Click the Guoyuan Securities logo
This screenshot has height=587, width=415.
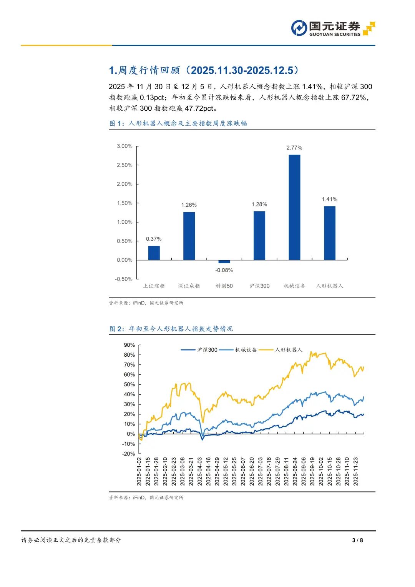[333, 28]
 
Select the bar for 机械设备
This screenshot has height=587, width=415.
[294, 207]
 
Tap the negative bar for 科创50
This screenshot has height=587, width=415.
[224, 261]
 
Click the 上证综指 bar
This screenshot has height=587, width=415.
[154, 253]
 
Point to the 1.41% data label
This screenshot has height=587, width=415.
[329, 199]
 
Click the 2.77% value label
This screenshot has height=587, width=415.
[294, 148]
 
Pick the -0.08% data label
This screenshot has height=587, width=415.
[224, 270]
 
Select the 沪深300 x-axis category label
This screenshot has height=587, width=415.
[259, 286]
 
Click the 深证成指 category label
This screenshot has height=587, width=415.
[189, 286]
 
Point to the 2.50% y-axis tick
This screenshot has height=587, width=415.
[124, 165]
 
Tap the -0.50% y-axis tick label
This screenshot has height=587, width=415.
[124, 279]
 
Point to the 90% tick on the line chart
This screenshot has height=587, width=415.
[129, 345]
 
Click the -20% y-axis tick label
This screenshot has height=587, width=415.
[128, 454]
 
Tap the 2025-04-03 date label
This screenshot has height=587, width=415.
[200, 471]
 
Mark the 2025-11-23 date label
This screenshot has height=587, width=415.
[356, 471]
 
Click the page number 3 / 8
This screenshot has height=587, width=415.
[357, 540]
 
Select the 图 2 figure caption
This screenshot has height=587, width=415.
[171, 329]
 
